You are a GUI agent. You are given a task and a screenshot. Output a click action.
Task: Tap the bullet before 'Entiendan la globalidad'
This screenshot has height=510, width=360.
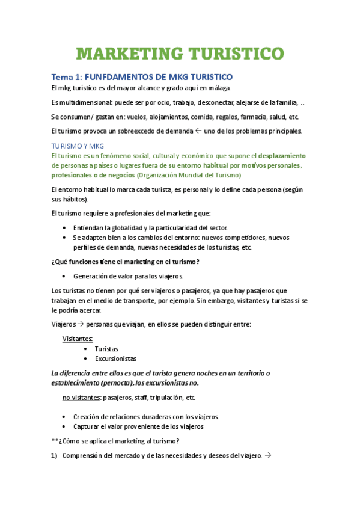click(x=64, y=228)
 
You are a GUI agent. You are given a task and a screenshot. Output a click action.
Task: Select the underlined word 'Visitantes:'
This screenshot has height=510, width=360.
click(x=78, y=339)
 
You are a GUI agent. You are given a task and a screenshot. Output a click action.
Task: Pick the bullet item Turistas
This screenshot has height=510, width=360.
click(x=106, y=349)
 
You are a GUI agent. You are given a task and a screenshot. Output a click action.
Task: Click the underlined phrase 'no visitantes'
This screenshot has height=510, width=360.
click(x=81, y=398)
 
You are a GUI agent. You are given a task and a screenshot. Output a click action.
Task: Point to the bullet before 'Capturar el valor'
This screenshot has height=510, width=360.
click(x=64, y=426)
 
